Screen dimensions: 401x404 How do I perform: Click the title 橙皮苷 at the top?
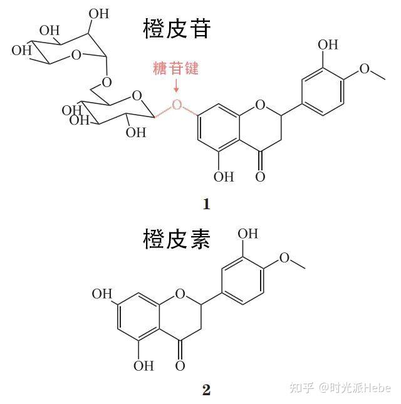tap(177, 29)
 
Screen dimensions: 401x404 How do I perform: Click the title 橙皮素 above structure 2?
tap(177, 239)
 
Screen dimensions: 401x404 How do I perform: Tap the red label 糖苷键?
tap(175, 68)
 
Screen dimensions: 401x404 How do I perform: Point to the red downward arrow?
tap(176, 86)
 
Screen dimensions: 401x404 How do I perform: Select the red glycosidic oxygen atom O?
tap(177, 104)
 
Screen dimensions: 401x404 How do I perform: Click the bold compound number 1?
tap(206, 204)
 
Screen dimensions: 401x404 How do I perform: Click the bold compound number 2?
tap(206, 390)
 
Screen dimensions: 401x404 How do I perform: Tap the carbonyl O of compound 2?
tap(181, 365)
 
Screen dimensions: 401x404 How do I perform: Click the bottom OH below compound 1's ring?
tap(223, 177)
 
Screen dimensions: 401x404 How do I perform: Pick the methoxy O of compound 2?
tap(285, 257)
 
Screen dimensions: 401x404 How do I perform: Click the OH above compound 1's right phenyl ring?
tap(328, 44)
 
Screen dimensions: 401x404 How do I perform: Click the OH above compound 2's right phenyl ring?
tap(248, 234)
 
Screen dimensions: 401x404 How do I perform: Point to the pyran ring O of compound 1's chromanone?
tap(260, 104)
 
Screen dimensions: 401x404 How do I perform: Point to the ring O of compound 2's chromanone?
tap(180, 293)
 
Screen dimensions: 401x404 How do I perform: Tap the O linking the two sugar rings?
tap(107, 82)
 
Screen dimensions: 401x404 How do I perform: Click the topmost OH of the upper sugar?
tap(98, 13)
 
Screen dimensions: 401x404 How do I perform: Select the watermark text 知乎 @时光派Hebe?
tap(339, 388)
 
